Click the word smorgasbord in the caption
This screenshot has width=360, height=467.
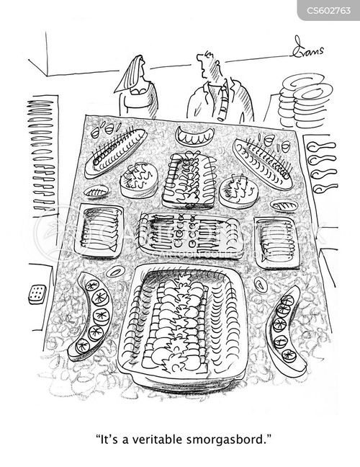click(226, 440)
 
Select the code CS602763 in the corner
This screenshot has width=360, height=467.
click(329, 11)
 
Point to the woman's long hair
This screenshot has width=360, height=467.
click(129, 74)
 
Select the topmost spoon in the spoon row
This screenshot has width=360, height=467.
click(321, 146)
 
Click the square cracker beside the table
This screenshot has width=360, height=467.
click(37, 295)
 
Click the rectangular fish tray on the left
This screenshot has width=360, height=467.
click(99, 230)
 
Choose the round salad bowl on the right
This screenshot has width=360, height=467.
click(238, 190)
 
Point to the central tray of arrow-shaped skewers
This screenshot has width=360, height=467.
click(190, 235)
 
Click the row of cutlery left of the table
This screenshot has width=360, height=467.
click(42, 155)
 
